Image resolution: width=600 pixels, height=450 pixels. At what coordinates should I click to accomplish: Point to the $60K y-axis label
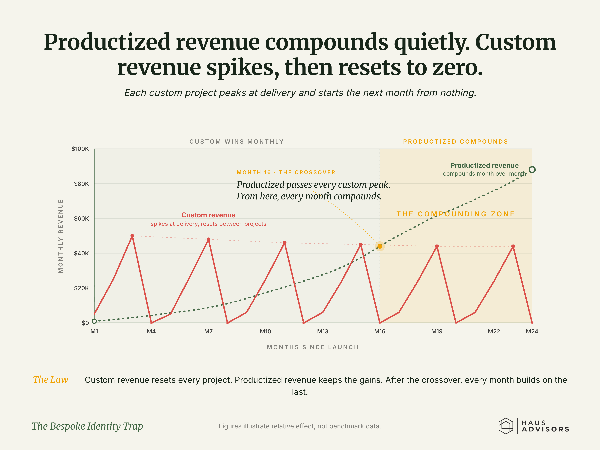click(81, 218)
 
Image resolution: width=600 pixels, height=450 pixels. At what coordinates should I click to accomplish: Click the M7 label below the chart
click(208, 331)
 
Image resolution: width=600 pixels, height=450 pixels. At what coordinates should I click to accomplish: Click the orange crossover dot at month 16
click(380, 246)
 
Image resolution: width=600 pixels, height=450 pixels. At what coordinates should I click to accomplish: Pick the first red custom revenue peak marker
click(132, 236)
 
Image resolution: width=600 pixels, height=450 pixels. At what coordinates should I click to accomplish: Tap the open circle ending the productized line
click(532, 170)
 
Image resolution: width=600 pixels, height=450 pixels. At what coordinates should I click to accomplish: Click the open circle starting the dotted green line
click(94, 321)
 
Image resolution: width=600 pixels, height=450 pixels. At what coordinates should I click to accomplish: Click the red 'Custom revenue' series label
click(208, 215)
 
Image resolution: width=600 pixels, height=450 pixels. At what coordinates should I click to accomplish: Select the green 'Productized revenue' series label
click(484, 165)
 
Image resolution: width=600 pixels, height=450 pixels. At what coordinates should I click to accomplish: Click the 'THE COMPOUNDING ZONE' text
click(455, 214)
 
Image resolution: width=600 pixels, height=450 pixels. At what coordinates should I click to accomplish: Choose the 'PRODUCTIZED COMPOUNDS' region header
click(455, 142)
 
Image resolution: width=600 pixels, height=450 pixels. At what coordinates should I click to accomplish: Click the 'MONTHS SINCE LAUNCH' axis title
click(313, 347)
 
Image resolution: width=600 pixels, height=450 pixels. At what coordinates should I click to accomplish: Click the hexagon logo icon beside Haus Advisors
click(506, 426)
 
